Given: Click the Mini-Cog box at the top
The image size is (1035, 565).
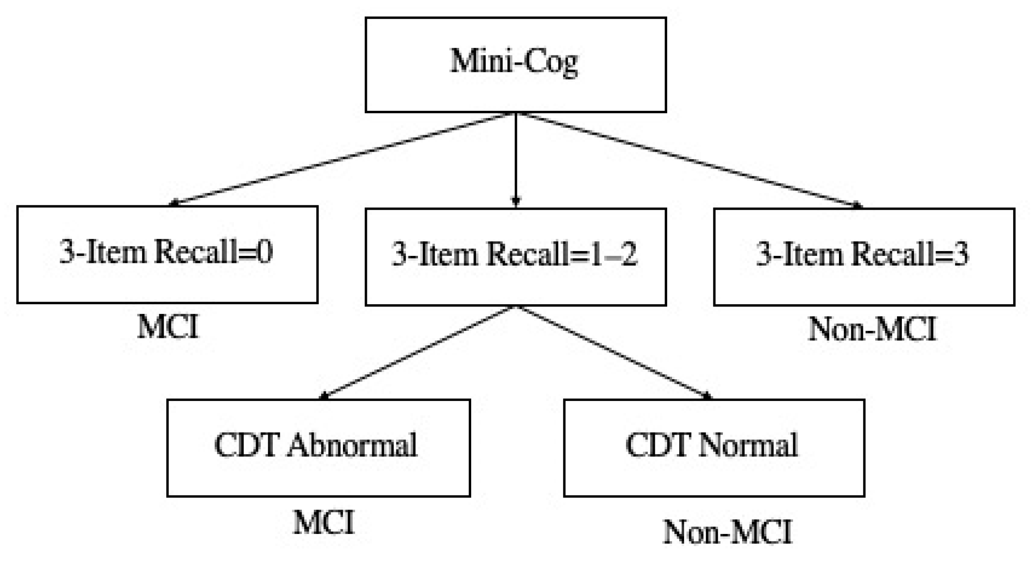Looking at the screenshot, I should pyautogui.click(x=516, y=64).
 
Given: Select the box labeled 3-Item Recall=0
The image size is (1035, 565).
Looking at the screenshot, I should pyautogui.click(x=167, y=255).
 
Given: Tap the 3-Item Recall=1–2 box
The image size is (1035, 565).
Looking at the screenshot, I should pyautogui.click(x=516, y=257).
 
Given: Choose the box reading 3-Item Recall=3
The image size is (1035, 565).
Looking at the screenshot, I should pyautogui.click(x=864, y=257).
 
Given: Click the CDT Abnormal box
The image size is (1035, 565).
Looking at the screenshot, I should pyautogui.click(x=318, y=447).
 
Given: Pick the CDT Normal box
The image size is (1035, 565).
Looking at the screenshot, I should pyautogui.click(x=714, y=447).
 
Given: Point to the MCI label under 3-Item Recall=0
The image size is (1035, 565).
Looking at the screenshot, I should pyautogui.click(x=168, y=327).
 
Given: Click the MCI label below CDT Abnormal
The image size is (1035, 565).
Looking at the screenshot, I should pyautogui.click(x=323, y=522).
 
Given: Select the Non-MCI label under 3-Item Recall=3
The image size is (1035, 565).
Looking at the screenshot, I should pyautogui.click(x=872, y=329).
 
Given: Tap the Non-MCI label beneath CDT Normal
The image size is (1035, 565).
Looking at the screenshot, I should pyautogui.click(x=728, y=532).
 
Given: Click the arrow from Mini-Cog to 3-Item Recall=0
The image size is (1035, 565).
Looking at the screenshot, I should pyautogui.click(x=342, y=159).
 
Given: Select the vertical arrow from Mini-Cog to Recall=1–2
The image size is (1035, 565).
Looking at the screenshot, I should pyautogui.click(x=516, y=160).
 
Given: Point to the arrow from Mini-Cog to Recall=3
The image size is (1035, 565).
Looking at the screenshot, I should pyautogui.click(x=690, y=160).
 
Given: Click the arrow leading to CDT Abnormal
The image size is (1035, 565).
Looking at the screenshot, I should pyautogui.click(x=417, y=352).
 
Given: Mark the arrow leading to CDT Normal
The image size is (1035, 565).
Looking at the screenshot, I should pyautogui.click(x=614, y=352).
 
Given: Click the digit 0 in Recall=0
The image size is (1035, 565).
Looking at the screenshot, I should pyautogui.click(x=264, y=252).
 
